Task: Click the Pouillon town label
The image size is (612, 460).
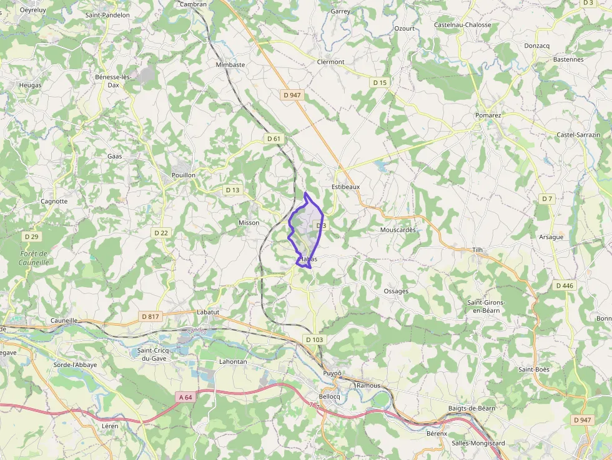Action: point(184,175)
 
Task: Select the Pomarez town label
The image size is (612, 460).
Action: point(488,115)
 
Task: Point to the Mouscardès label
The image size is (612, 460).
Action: point(398,230)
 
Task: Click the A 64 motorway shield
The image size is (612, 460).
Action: point(185,397)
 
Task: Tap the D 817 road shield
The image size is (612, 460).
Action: point(151,316)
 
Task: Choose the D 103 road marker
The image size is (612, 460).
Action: point(314,340)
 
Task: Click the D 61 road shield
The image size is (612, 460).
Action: point(274,139)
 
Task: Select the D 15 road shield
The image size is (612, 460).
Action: point(380,82)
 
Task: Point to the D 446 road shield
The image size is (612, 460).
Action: point(564,285)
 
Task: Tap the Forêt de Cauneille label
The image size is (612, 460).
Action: point(34,258)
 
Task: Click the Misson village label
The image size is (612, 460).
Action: point(249,223)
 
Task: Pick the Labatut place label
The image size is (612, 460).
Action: point(207,312)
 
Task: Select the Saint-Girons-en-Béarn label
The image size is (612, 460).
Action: point(486,306)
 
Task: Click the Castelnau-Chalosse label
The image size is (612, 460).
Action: point(462,25)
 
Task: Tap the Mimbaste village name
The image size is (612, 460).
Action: point(230,64)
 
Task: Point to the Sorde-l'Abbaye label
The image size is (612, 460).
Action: point(75,365)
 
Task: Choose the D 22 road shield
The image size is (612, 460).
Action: point(161,233)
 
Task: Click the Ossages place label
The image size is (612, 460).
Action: point(396,291)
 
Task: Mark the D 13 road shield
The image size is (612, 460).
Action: point(232,190)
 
